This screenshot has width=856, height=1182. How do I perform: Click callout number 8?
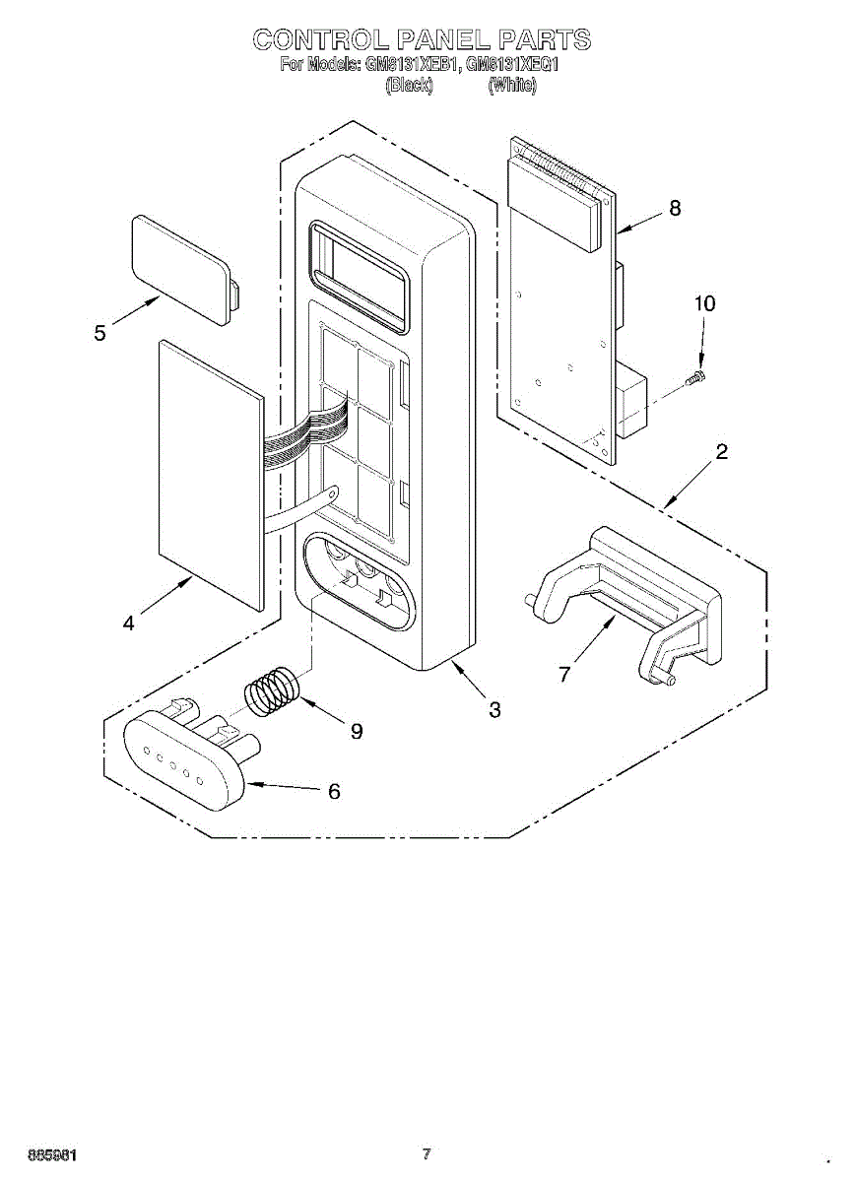tap(675, 208)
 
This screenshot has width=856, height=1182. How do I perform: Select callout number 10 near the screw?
tap(704, 303)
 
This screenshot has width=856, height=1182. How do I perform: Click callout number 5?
tap(100, 333)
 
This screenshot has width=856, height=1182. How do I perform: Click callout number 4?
tap(129, 623)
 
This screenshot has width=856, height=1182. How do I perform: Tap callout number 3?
tap(494, 709)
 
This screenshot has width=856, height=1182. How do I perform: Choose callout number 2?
tap(722, 452)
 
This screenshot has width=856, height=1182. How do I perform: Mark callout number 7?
tap(563, 674)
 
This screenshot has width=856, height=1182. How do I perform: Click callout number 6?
tap(334, 791)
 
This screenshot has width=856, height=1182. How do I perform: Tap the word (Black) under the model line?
tap(409, 86)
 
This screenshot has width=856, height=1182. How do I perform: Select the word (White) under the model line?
tap(512, 86)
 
